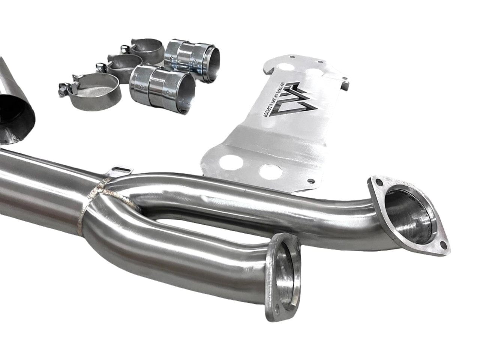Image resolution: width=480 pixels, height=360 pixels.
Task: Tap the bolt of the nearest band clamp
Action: click(63, 90)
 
